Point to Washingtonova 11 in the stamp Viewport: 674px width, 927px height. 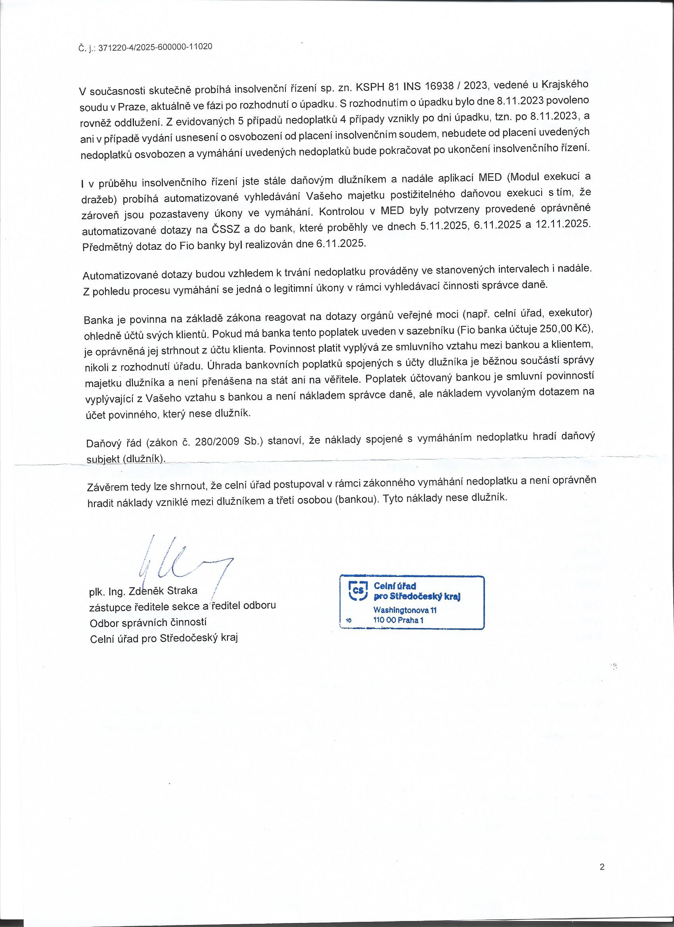coord(405,610)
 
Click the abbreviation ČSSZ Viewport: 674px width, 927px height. coord(226,229)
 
